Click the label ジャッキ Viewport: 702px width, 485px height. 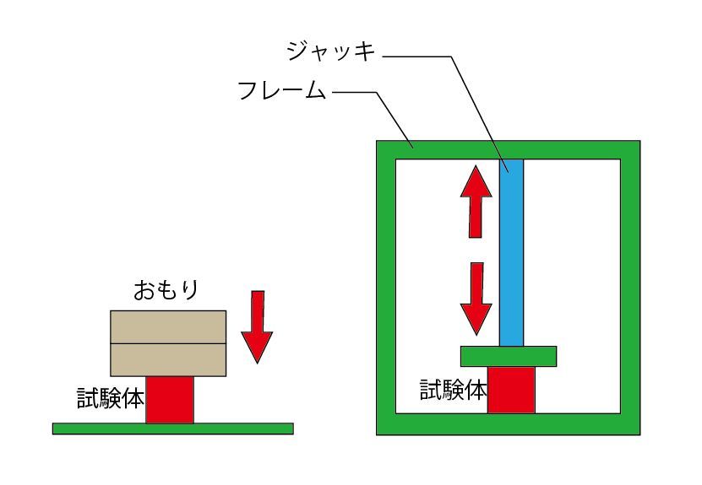[330, 52]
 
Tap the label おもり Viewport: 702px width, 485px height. [166, 291]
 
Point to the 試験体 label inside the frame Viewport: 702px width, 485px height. [453, 390]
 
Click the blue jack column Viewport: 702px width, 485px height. [511, 253]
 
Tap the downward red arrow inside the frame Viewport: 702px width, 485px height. [476, 297]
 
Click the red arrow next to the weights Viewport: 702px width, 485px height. [257, 326]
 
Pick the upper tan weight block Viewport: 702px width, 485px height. [168, 326]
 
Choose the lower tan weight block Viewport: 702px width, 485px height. [168, 359]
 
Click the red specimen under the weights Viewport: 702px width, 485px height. [169, 400]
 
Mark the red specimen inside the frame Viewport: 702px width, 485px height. [511, 390]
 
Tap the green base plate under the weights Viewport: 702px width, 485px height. [172, 428]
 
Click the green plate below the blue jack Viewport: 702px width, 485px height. [508, 356]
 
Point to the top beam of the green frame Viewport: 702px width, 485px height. [507, 149]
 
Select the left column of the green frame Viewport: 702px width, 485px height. [385, 287]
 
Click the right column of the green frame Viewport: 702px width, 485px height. [630, 287]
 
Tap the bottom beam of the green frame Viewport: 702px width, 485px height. [507, 424]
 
